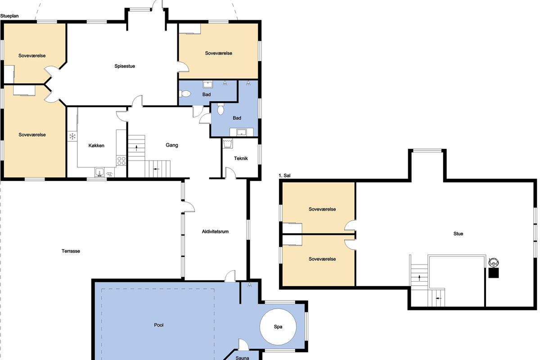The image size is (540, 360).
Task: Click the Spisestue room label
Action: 125,66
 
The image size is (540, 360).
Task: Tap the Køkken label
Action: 96,145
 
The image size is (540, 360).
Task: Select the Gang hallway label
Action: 172,145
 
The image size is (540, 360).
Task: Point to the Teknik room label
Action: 241,158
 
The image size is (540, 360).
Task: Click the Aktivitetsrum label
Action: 215,231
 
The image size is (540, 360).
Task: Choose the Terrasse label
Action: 71,251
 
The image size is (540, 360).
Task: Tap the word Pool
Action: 158,325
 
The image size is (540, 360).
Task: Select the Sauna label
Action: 242,358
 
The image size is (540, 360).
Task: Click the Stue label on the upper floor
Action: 458,234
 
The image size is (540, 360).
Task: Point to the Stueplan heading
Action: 9,16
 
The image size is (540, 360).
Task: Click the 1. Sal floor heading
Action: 284,175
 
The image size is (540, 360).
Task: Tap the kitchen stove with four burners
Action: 121,161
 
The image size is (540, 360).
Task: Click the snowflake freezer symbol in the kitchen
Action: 72,136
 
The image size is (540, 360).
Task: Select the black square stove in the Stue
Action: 494,273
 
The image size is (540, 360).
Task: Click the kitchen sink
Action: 99,172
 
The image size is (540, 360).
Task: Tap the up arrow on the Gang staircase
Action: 136,148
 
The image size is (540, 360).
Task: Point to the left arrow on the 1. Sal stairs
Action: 439,298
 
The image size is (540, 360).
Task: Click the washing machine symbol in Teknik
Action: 228,144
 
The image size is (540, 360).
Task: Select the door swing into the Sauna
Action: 243,344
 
